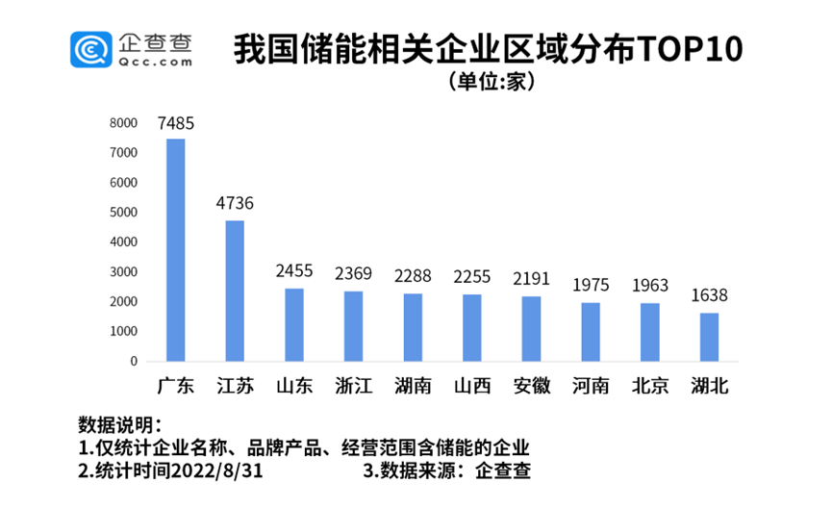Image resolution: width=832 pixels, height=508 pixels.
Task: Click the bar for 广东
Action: (x=176, y=250)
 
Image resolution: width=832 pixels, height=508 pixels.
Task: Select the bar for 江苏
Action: (x=235, y=292)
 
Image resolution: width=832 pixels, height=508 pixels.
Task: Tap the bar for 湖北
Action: (x=709, y=337)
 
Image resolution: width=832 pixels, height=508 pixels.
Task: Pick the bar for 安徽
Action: (x=531, y=329)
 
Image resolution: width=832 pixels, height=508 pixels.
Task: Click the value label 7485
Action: (x=176, y=123)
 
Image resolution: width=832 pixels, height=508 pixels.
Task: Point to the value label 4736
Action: (x=235, y=204)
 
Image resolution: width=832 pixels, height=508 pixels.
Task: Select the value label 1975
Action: (x=591, y=286)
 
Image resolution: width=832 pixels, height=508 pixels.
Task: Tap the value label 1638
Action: (x=709, y=295)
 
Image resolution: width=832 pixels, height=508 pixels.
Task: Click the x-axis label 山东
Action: (x=294, y=387)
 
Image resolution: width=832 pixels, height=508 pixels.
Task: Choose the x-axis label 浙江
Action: (x=353, y=387)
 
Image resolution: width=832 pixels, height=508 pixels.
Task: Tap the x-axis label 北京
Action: (x=650, y=387)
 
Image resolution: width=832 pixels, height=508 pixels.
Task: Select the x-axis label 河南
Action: (x=591, y=387)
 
